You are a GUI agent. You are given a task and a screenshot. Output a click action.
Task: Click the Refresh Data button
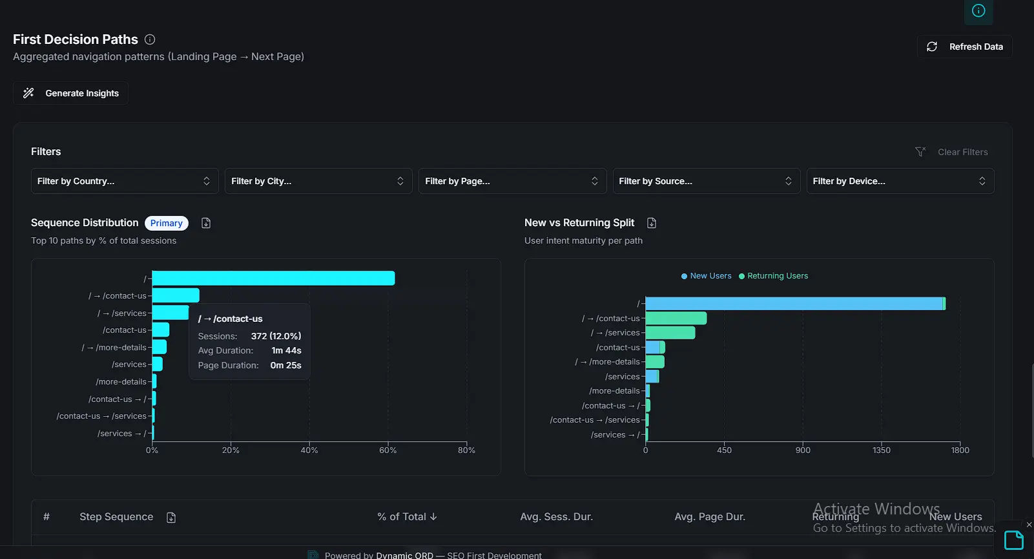pos(964,47)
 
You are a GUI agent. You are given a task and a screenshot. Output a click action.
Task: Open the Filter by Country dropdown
pos(124,181)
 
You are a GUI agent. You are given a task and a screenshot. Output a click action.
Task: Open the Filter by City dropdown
pos(318,181)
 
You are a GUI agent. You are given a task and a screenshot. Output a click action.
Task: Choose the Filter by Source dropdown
pos(706,181)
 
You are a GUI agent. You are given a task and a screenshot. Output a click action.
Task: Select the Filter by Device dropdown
pos(900,181)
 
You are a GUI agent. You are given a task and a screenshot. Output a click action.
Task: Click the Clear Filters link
pos(962,152)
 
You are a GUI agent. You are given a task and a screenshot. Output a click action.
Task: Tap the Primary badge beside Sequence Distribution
pos(166,223)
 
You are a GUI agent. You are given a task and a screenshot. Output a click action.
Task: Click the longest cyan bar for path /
pos(273,279)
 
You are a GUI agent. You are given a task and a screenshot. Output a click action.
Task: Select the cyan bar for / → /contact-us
pos(176,296)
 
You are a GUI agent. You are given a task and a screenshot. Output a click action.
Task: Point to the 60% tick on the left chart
pos(388,450)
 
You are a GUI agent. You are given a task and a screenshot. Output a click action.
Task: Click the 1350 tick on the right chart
pos(881,450)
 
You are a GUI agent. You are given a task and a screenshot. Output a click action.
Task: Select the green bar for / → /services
pos(670,333)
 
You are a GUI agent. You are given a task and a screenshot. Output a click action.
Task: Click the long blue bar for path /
pos(794,304)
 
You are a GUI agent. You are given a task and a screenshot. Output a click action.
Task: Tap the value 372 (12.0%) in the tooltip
pos(276,336)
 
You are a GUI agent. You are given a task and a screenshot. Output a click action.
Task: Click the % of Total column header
pos(407,517)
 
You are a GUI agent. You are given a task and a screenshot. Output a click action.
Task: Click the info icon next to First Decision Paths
pos(150,39)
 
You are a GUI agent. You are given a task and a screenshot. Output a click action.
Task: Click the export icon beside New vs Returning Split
pos(652,223)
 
